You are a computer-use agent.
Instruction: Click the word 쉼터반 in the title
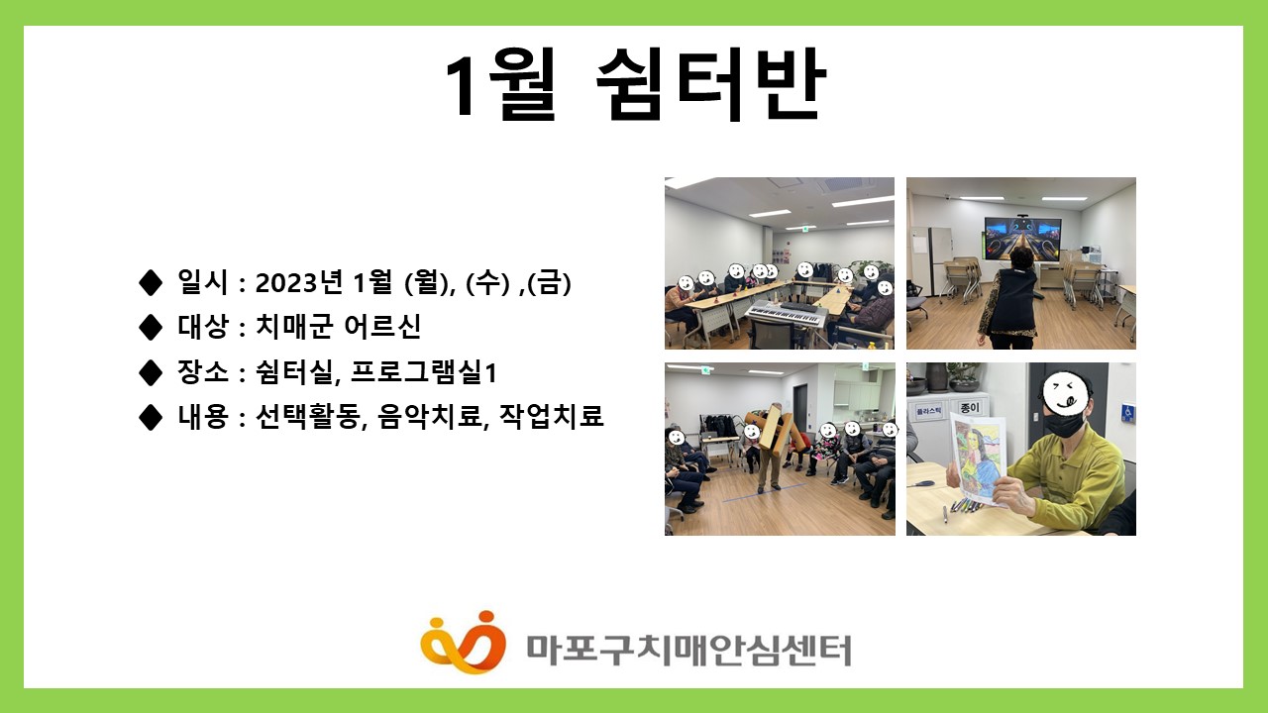click(711, 84)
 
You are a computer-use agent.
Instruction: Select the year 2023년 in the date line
click(299, 282)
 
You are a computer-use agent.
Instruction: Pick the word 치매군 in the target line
click(294, 327)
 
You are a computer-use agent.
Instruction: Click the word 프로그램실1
click(423, 371)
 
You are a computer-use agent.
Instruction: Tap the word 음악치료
click(433, 416)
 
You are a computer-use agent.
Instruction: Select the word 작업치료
click(552, 416)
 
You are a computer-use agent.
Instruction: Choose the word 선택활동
click(308, 416)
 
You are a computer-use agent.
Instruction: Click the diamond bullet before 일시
click(150, 282)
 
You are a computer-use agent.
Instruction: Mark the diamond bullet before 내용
click(150, 417)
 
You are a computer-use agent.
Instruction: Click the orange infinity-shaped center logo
click(463, 643)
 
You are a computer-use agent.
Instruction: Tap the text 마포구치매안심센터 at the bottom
click(688, 651)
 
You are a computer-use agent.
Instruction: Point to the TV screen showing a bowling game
click(1022, 239)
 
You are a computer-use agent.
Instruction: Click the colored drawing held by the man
click(977, 459)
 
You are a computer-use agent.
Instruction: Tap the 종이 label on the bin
click(970, 407)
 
